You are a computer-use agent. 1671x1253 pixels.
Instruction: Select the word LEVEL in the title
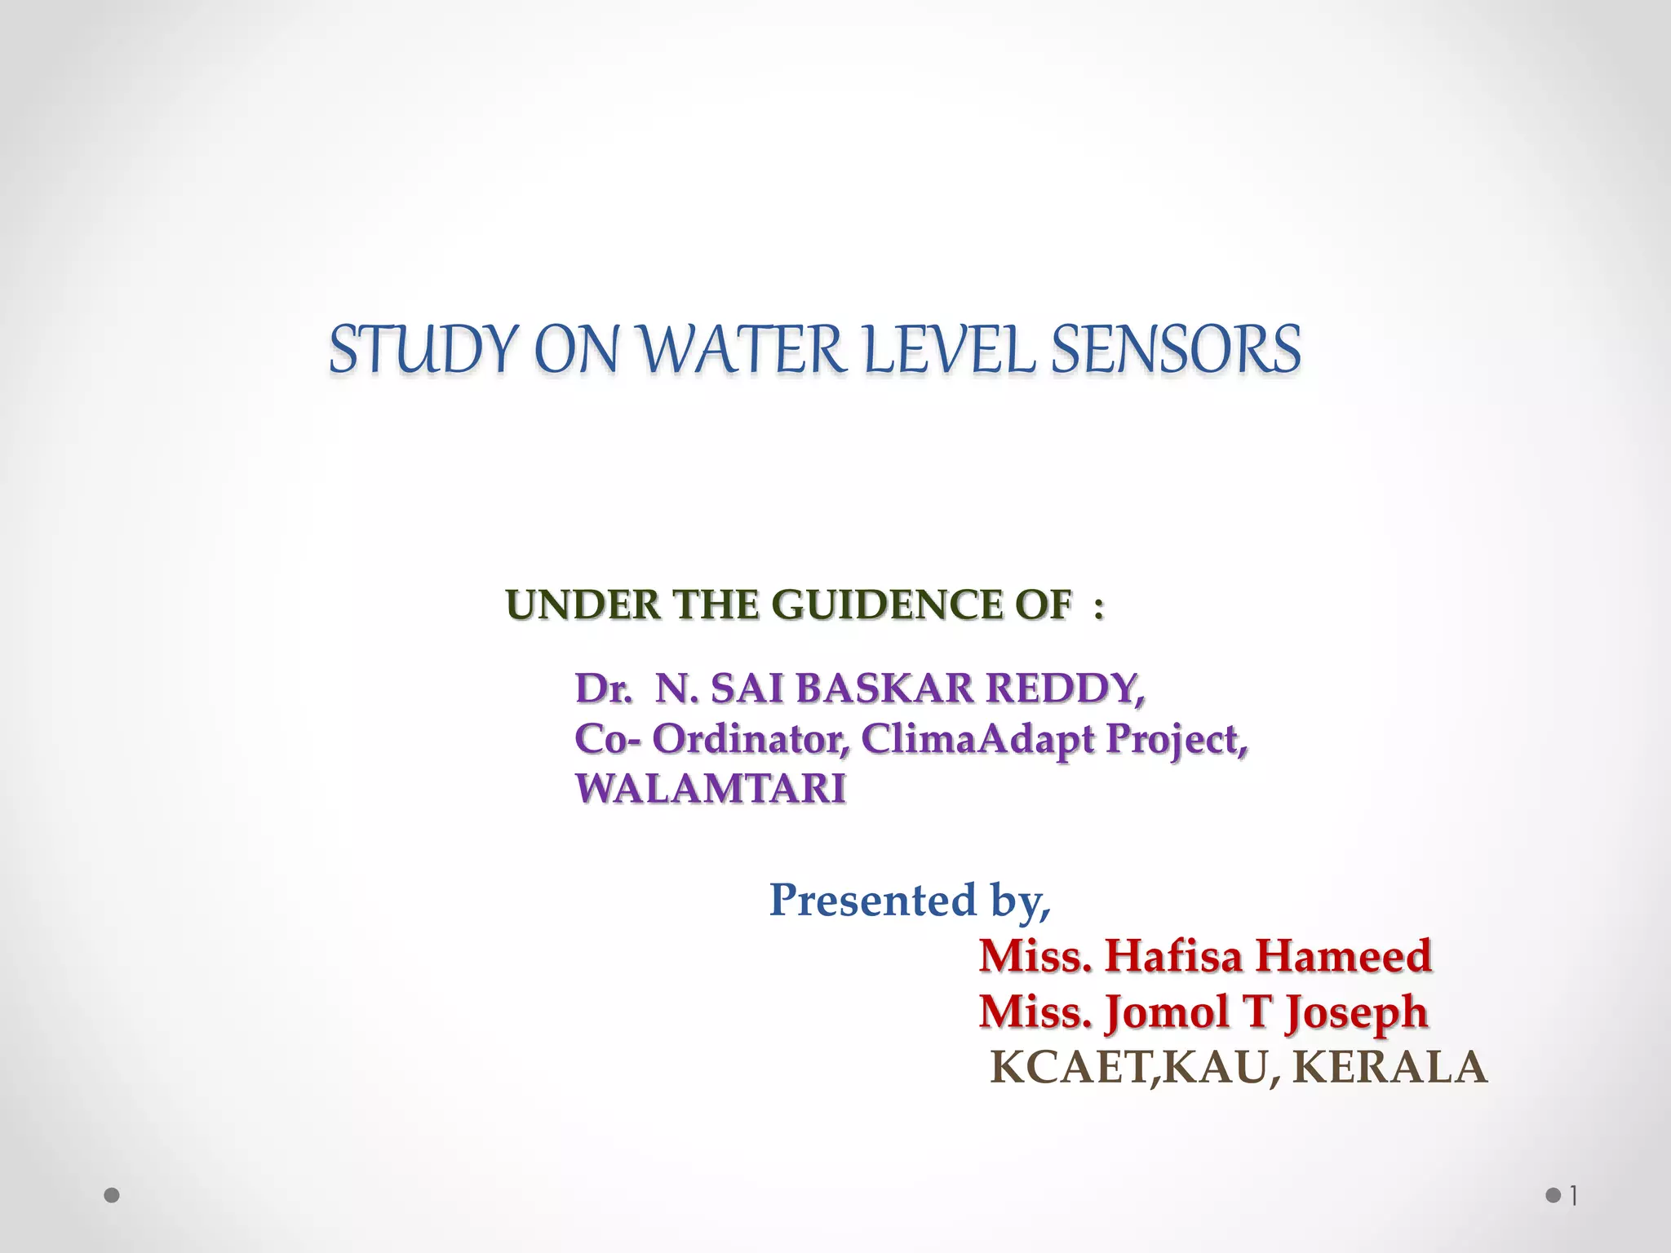coord(948,350)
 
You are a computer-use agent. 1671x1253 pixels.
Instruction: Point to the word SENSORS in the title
coord(1175,350)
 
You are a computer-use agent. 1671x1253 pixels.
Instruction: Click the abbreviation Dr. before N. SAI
coord(603,688)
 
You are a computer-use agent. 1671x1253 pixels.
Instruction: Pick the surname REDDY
coord(1065,688)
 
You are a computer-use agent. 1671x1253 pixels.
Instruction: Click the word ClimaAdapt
coord(977,739)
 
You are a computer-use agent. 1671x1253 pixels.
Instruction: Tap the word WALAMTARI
coord(710,789)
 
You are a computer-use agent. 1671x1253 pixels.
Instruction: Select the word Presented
coord(872,900)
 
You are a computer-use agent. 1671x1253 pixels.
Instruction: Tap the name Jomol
coord(1167,1012)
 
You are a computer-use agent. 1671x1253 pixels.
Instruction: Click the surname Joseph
coord(1356,1013)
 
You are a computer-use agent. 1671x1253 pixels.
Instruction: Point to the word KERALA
coord(1390,1067)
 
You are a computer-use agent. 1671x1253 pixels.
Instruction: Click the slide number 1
coord(1574,1197)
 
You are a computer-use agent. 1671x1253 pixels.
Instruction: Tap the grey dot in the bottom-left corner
coord(113,1196)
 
